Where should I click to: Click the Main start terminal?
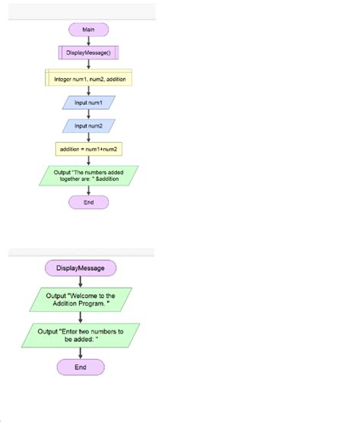click(x=89, y=30)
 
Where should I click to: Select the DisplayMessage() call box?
click(x=89, y=53)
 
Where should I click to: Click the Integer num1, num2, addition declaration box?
click(x=89, y=78)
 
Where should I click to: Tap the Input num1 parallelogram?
click(x=89, y=102)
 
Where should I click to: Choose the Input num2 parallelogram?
click(x=89, y=125)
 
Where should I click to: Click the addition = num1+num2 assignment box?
click(x=89, y=149)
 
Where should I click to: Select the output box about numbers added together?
click(x=89, y=176)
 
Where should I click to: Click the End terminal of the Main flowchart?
click(x=89, y=202)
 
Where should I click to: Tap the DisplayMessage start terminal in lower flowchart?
click(x=81, y=268)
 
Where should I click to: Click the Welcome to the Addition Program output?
click(x=81, y=299)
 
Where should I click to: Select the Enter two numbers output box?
click(x=81, y=335)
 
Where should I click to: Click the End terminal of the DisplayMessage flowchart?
click(x=81, y=367)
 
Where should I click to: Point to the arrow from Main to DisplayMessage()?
click(x=89, y=41)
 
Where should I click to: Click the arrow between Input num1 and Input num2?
click(x=89, y=114)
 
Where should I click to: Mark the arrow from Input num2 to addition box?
click(x=89, y=137)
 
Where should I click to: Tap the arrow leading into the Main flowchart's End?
click(x=89, y=191)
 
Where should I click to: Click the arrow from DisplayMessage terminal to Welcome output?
click(x=81, y=281)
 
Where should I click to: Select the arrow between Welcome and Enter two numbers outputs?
click(x=81, y=317)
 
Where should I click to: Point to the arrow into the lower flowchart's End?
click(x=81, y=353)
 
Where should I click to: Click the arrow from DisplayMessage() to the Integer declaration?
click(x=89, y=65)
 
